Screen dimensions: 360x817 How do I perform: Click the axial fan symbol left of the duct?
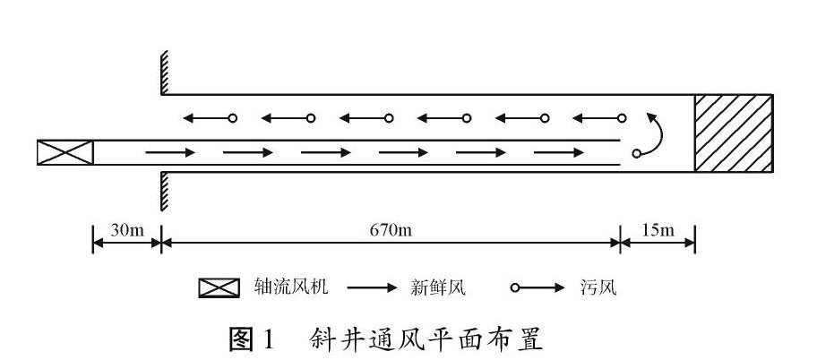tap(65, 153)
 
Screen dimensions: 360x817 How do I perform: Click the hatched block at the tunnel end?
tap(734, 132)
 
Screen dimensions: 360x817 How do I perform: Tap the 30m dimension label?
tap(127, 230)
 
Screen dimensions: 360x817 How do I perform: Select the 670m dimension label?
tap(391, 230)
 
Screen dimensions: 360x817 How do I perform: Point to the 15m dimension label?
tap(658, 230)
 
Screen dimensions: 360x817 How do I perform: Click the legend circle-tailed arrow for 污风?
tap(537, 287)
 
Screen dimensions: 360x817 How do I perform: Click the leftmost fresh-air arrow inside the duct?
tap(170, 153)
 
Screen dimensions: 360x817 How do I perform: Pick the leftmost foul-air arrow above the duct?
tap(208, 118)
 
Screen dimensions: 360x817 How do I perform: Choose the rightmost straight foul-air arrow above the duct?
tap(599, 118)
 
